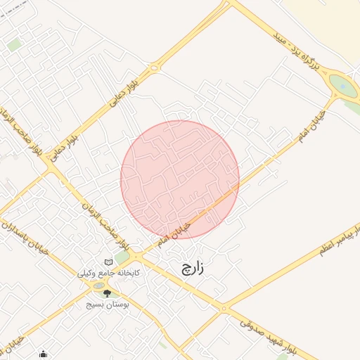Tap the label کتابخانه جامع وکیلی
[x=113, y=272]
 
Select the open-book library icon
[x=108, y=262]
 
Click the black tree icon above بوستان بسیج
[x=107, y=293]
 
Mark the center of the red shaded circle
[x=180, y=180]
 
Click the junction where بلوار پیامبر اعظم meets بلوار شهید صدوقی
[x=224, y=308]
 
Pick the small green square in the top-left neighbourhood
[x=13, y=44]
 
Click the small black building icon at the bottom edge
[x=44, y=354]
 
